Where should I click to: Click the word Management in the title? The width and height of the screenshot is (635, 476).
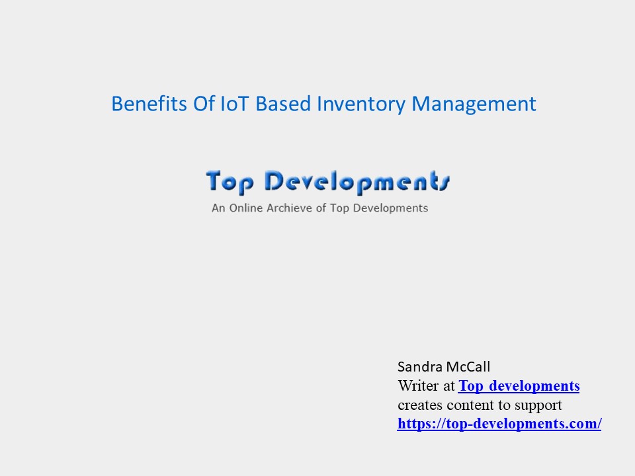[474, 104]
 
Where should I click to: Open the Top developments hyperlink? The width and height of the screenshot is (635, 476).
[519, 386]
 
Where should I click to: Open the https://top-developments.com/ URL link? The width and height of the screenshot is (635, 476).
[499, 424]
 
